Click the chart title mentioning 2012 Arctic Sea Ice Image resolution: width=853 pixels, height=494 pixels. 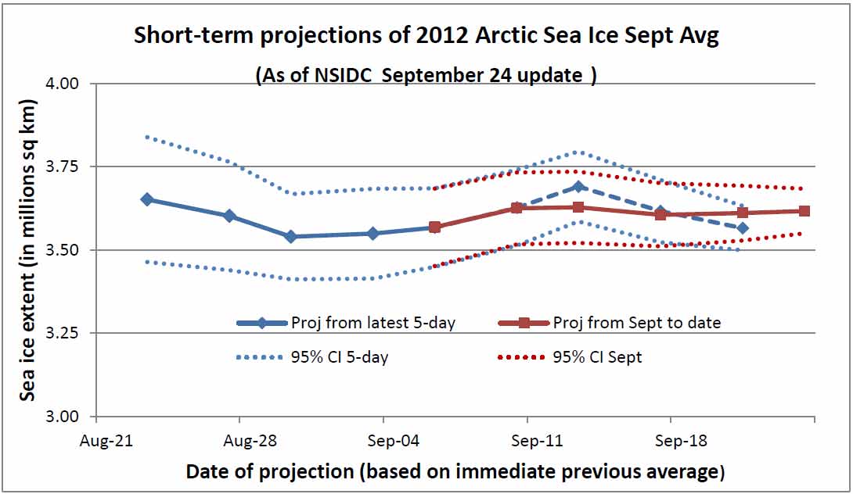click(426, 36)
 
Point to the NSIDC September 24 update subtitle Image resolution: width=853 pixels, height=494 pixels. click(426, 76)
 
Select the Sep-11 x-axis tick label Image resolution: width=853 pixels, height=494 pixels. click(536, 442)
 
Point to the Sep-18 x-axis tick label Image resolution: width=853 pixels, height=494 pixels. click(682, 442)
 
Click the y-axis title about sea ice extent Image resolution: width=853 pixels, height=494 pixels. click(28, 250)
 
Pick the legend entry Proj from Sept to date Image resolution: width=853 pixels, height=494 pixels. click(611, 322)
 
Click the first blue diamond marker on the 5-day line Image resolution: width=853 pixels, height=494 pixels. click(146, 199)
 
